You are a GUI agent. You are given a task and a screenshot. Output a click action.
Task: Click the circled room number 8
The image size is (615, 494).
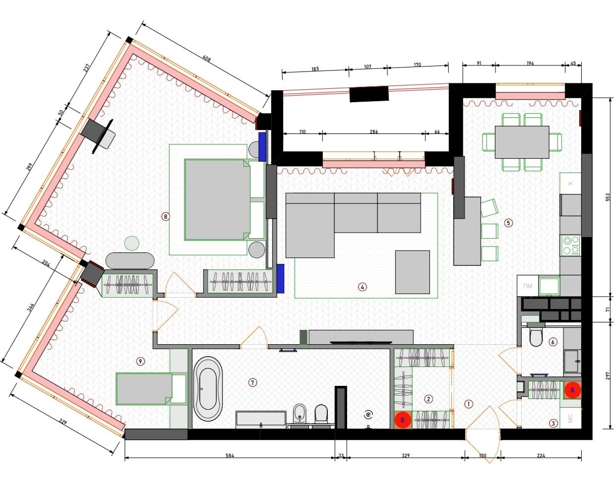166,216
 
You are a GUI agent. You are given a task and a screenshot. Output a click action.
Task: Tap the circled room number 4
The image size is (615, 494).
362,287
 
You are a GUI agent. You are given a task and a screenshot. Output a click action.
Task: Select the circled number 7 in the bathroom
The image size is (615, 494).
252,382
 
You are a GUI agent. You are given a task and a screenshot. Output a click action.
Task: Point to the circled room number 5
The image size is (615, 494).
508,223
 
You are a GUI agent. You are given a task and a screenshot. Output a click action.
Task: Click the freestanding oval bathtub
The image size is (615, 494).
208,388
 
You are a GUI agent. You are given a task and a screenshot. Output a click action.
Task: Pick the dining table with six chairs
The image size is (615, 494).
522,142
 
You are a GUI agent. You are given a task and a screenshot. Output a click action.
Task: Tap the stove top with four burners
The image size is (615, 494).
570,246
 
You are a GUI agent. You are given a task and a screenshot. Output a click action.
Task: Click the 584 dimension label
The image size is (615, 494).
230,455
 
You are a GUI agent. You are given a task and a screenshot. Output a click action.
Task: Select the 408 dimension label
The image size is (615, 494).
206,59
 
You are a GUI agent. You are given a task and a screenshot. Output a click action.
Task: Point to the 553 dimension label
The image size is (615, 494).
608,197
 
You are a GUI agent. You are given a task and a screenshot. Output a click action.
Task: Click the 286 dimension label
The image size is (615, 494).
373,132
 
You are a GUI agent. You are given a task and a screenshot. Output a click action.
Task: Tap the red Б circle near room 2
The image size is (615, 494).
403,420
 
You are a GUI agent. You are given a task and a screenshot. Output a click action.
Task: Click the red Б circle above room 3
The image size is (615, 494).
572,390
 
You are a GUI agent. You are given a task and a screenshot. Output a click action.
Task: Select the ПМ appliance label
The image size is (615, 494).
528,286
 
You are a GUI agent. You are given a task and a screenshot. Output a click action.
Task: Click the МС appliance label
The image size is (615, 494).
570,418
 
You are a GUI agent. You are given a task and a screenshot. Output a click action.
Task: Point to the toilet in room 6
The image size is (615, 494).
536,335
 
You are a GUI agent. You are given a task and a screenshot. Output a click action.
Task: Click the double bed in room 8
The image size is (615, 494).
218,199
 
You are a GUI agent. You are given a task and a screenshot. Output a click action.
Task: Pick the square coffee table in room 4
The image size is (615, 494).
412,272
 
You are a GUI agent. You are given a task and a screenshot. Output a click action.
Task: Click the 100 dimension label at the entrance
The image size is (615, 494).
483,455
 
